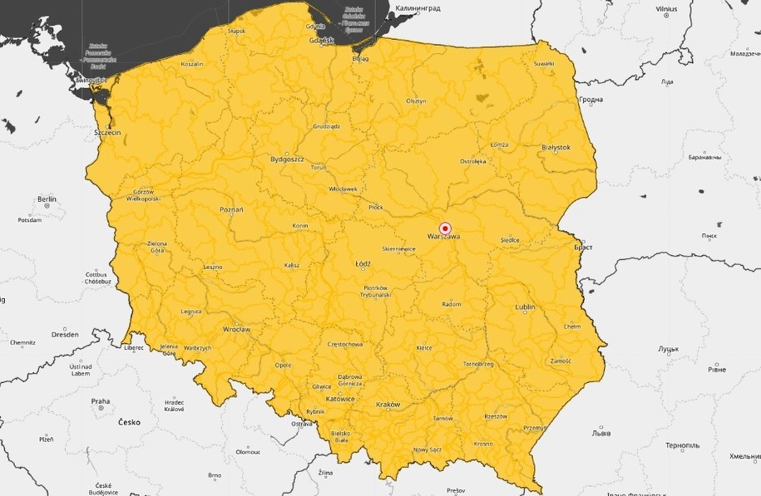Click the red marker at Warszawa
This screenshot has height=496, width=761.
click(444, 228)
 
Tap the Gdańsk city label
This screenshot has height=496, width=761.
click(320, 40)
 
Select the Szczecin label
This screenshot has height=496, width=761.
click(108, 132)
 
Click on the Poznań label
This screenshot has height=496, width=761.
click(231, 210)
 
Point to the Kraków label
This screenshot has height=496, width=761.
click(388, 405)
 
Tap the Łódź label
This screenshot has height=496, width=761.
click(363, 263)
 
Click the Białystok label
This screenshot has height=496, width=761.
click(556, 147)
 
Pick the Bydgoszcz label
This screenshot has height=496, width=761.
click(287, 158)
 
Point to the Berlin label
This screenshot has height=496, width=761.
click(47, 199)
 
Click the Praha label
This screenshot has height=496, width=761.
click(100, 401)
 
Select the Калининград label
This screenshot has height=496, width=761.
click(418, 7)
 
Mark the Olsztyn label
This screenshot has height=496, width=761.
click(416, 101)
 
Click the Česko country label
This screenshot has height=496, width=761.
click(129, 422)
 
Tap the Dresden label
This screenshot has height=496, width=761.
click(64, 334)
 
